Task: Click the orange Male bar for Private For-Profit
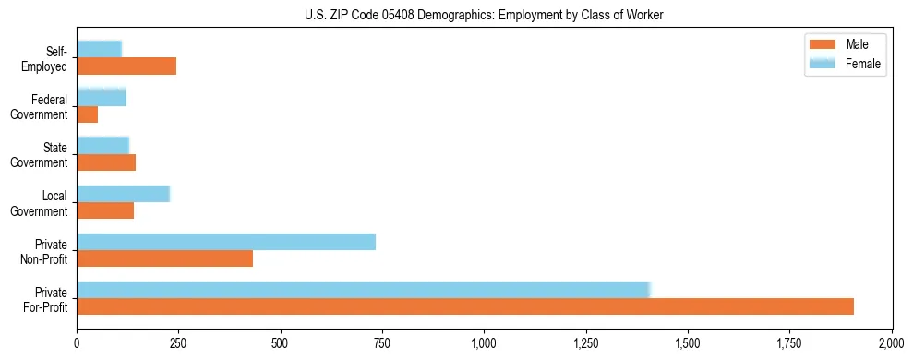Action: pyautogui.click(x=465, y=306)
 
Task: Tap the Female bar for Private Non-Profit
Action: pyautogui.click(x=226, y=242)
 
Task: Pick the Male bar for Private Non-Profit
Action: pyautogui.click(x=164, y=258)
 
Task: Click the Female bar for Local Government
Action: pyautogui.click(x=124, y=194)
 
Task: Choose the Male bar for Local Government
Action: pyautogui.click(x=105, y=210)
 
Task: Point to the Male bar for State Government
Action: pyautogui.click(x=106, y=162)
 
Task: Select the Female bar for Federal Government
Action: pyautogui.click(x=102, y=97)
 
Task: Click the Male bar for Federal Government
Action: pyautogui.click(x=88, y=114)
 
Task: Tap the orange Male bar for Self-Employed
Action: pyautogui.click(x=126, y=66)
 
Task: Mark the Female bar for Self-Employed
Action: pyautogui.click(x=99, y=49)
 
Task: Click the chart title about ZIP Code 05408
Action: pyautogui.click(x=484, y=15)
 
